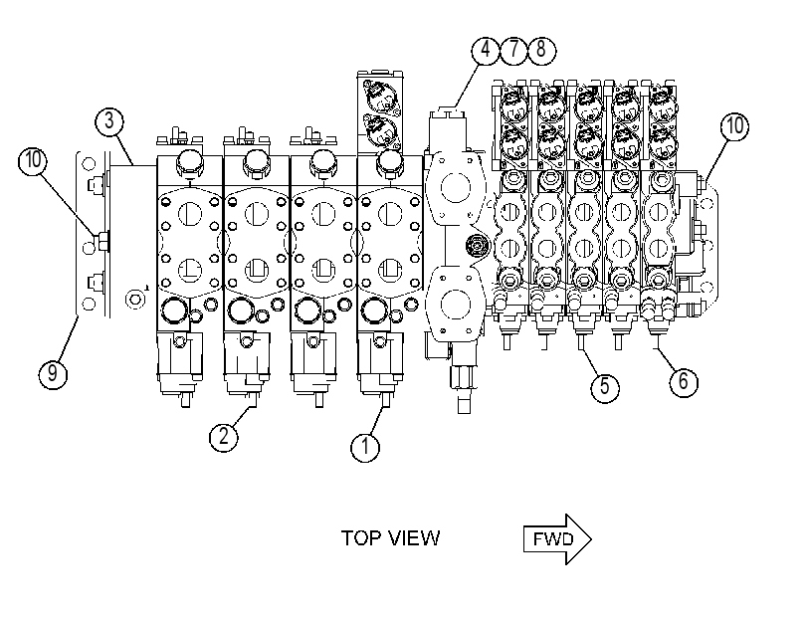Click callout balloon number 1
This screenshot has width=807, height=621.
click(365, 446)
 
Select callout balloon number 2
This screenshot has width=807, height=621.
click(224, 437)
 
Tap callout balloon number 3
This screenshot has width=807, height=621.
click(109, 121)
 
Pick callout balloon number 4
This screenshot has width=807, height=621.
click(486, 50)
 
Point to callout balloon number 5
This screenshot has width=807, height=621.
click(605, 386)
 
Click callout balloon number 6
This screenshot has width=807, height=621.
click(684, 381)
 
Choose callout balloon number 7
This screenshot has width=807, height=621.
click(513, 50)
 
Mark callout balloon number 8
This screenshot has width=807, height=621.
click(541, 50)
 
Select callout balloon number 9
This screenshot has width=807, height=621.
click(53, 372)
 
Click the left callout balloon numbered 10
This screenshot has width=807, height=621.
click(33, 160)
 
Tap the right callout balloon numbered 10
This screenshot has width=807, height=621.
click(734, 126)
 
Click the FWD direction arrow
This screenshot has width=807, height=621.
click(557, 539)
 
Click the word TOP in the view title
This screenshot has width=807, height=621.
click(362, 538)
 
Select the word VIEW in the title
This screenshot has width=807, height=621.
click(414, 538)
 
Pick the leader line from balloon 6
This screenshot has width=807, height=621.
click(665, 359)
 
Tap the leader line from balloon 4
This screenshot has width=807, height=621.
click(467, 85)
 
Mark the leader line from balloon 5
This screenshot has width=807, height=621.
click(590, 361)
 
